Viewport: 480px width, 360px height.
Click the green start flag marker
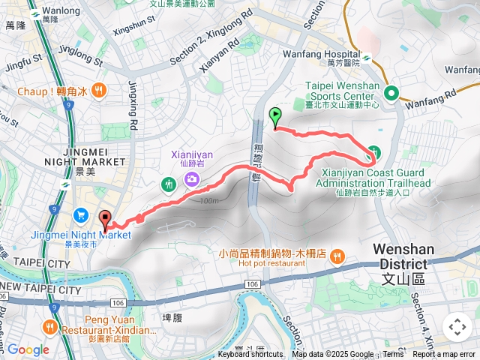[x=275, y=117]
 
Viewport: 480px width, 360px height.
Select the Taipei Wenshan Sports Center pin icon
[x=391, y=93]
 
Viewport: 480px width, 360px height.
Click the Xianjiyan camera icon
[x=193, y=178]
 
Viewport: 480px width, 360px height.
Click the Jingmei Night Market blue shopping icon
[x=82, y=215]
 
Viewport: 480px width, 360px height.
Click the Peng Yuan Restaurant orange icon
[x=50, y=326]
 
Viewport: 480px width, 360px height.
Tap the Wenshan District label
[x=400, y=271]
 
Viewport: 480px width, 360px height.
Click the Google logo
[x=28, y=349]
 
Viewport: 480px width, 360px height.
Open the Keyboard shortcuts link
[x=250, y=355]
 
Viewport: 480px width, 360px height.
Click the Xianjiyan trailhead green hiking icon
[x=374, y=154]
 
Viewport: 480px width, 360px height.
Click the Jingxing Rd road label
[x=133, y=105]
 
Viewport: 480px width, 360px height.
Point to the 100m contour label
[x=210, y=200]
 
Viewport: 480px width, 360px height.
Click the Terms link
[x=393, y=355]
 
